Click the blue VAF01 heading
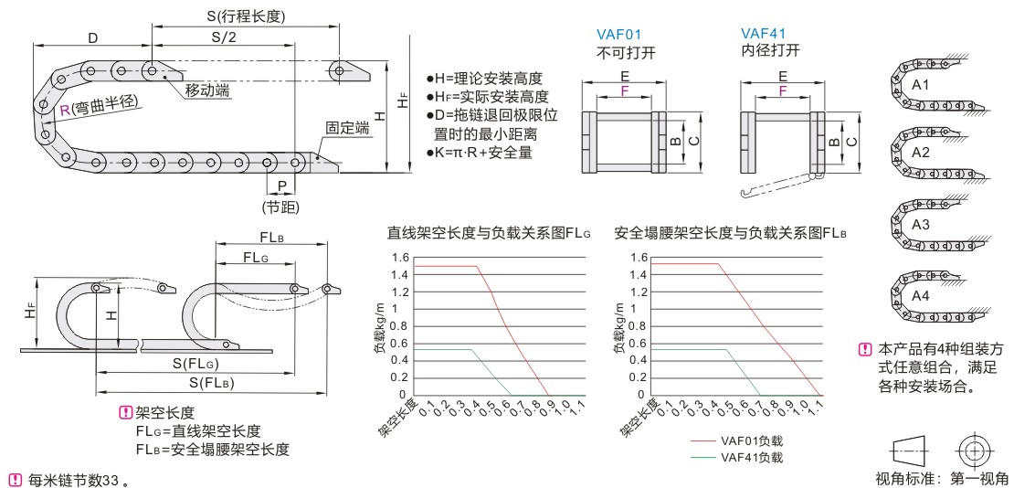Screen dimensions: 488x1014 coord(618,34)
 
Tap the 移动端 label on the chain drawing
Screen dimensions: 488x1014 coord(207,90)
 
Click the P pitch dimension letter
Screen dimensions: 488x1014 coord(281,186)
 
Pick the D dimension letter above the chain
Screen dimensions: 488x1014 coord(94,37)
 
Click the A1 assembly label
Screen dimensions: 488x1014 coord(921,84)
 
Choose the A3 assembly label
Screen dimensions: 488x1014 coord(921,225)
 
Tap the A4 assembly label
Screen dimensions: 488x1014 coord(921,296)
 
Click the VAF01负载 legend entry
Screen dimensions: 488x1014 coord(752,440)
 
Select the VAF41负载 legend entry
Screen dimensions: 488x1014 coord(752,457)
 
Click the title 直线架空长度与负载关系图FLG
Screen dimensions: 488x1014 coord(489,233)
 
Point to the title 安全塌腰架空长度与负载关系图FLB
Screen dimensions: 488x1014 coord(731,233)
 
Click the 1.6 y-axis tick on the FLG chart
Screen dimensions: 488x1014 coord(399,258)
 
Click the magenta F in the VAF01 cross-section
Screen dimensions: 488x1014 coord(624,91)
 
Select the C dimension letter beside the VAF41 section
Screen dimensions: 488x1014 coord(851,141)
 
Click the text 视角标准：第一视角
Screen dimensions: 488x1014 coord(942,479)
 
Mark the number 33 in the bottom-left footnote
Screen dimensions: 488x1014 coord(110,480)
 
